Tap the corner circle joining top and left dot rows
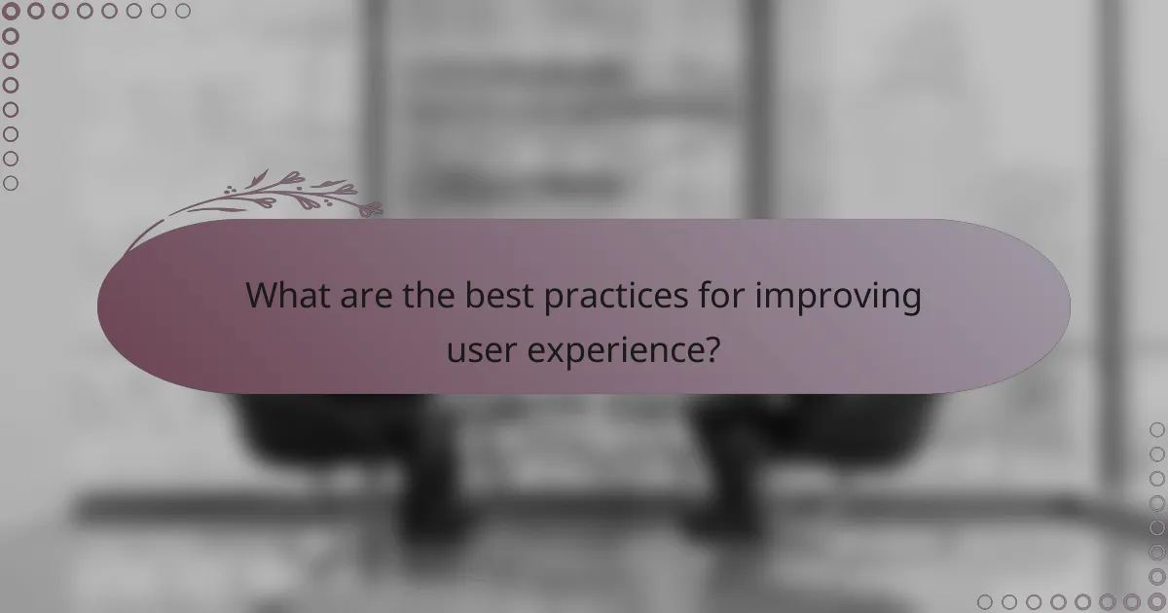click(12, 12)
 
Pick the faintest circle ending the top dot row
click(183, 12)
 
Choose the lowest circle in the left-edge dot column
click(12, 183)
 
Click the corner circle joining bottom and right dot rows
click(1156, 601)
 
